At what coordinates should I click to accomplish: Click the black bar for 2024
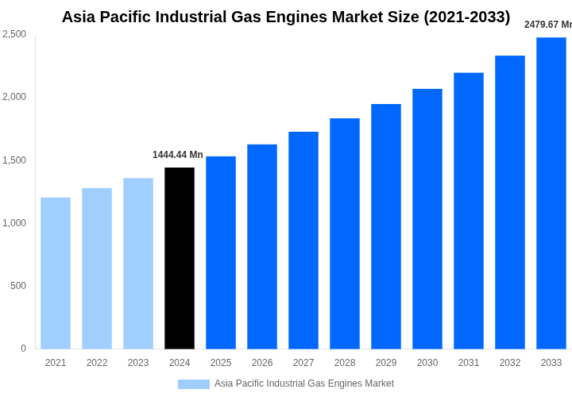pos(180,258)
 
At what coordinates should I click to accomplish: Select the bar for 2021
pos(56,273)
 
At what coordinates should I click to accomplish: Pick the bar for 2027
pos(303,240)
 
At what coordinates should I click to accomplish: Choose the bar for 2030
pos(427,218)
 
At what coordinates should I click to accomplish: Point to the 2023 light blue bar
pos(138,263)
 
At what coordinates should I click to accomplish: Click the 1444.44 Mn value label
pos(177,155)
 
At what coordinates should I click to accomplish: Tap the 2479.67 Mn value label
pos(548,25)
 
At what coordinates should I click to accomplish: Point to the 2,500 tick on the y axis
pos(14,34)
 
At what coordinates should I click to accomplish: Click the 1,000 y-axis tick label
pos(14,223)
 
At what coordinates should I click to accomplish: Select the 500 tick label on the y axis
pos(18,286)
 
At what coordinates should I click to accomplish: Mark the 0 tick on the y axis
pos(23,349)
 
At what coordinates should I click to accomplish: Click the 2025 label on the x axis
pos(221,363)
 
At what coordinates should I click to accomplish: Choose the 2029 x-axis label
pos(386,363)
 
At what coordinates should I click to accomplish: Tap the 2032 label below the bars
pos(510,363)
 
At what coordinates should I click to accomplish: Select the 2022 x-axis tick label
pos(97,363)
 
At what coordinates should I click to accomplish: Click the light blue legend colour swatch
pos(194,384)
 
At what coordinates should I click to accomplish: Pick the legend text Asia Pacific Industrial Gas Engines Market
pos(304,384)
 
